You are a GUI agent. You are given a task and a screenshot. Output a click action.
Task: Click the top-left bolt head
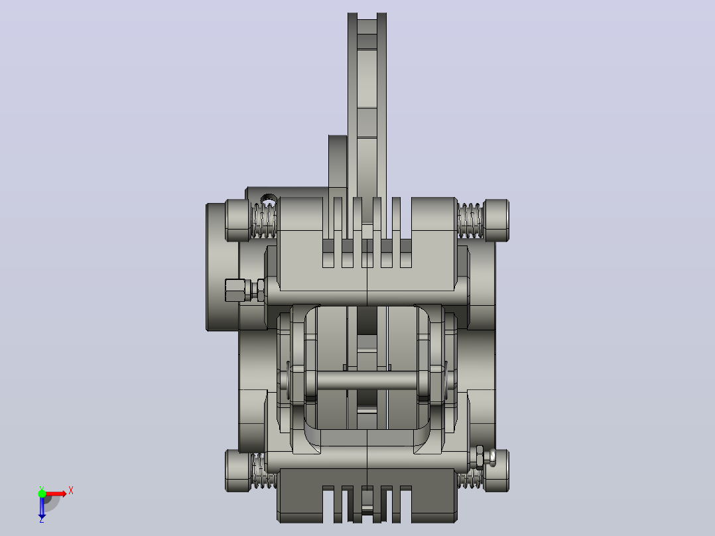[x=237, y=220]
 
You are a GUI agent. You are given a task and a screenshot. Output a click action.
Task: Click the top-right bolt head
[x=496, y=220]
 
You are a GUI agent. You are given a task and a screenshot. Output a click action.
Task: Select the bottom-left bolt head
[x=237, y=471]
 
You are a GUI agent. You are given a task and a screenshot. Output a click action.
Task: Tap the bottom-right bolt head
[x=496, y=471]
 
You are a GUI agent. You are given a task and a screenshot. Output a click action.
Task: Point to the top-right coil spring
[x=470, y=220]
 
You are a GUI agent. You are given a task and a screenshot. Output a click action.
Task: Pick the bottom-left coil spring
[x=263, y=471]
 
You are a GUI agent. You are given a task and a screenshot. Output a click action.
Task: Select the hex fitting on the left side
[x=245, y=290]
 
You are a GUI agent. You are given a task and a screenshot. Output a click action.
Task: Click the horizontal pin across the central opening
[x=367, y=381]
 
